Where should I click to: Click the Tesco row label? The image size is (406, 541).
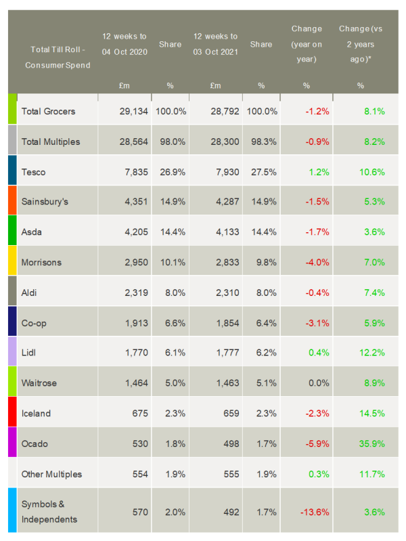pos(34,172)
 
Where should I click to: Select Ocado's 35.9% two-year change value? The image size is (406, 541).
pos(369,443)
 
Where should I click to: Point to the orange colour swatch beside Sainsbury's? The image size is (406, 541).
pos(12,200)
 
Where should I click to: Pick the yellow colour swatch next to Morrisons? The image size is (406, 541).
pos(12,261)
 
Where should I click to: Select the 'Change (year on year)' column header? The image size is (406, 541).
pos(306,43)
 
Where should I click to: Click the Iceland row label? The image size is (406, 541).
pos(36,413)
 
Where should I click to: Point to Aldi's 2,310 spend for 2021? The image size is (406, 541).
pos(224,293)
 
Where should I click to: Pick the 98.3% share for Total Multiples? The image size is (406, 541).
pos(263,142)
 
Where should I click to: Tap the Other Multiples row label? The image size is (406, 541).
pos(52,474)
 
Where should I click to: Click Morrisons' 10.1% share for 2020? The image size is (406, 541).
pos(171,263)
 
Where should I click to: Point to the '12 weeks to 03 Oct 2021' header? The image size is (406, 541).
pos(215,43)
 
